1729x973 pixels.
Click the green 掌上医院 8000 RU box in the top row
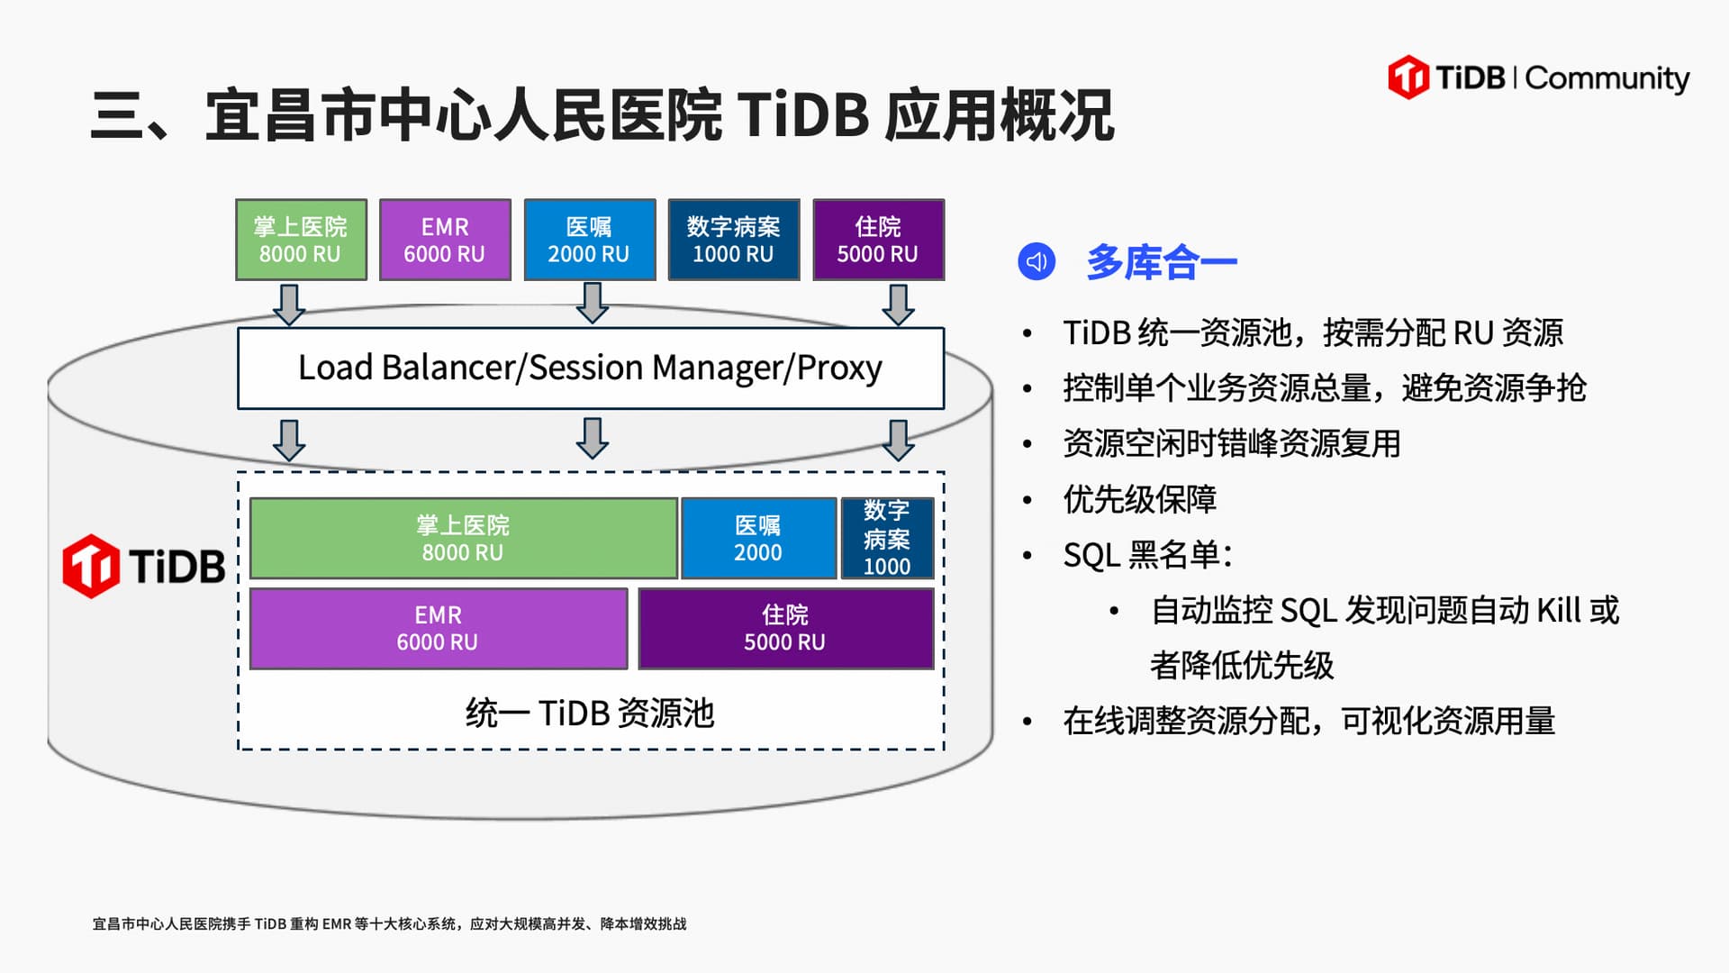tap(301, 240)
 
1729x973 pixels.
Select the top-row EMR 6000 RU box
tap(445, 240)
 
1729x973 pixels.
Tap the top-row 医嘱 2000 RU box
tap(589, 240)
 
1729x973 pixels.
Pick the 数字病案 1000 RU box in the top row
tap(733, 240)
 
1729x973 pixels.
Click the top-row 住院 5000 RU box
tap(878, 240)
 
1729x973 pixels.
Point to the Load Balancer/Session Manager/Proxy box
tap(590, 368)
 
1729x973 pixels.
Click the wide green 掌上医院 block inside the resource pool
tap(463, 538)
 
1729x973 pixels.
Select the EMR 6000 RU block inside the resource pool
tap(438, 628)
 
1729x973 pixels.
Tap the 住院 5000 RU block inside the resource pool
tap(785, 628)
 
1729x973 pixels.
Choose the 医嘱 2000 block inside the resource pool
tap(758, 538)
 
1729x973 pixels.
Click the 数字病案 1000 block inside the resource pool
tap(887, 538)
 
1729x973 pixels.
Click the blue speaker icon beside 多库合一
tap(1036, 262)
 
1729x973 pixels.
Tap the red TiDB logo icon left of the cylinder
tap(90, 566)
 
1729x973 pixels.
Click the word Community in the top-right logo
tap(1607, 78)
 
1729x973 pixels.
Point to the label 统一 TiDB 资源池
tap(590, 713)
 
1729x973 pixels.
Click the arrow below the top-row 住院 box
tap(898, 305)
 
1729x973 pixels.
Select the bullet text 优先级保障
tap(1139, 498)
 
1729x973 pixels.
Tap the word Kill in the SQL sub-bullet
tap(1558, 610)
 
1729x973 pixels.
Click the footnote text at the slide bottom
tap(389, 923)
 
